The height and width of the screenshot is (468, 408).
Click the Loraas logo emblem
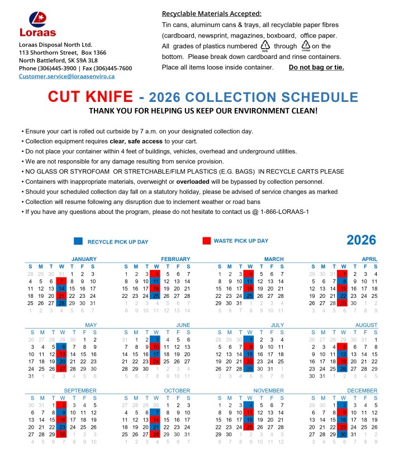38,19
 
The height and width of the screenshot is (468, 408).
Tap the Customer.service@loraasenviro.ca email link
67,76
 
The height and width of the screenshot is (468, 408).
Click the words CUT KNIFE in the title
91,96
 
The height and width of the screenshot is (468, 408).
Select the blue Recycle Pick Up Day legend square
78,241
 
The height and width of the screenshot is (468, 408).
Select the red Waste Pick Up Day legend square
207,241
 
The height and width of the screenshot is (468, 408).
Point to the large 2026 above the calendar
361,240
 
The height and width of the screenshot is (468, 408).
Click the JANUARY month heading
84,259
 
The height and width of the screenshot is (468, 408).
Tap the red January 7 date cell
61,281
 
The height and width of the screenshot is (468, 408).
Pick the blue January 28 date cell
61,303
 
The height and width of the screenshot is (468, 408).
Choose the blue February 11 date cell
156,281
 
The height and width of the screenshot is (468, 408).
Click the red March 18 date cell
250,288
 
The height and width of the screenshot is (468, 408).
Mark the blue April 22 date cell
344,296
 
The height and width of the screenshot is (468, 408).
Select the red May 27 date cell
61,369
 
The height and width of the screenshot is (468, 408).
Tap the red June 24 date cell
156,362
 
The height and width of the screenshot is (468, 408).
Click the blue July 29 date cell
250,369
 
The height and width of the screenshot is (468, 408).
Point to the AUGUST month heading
366,325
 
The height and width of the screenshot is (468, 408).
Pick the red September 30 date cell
61,434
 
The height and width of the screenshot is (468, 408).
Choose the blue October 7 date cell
156,413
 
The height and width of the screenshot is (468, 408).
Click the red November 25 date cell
250,427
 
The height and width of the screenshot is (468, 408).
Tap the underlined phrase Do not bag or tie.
316,68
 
